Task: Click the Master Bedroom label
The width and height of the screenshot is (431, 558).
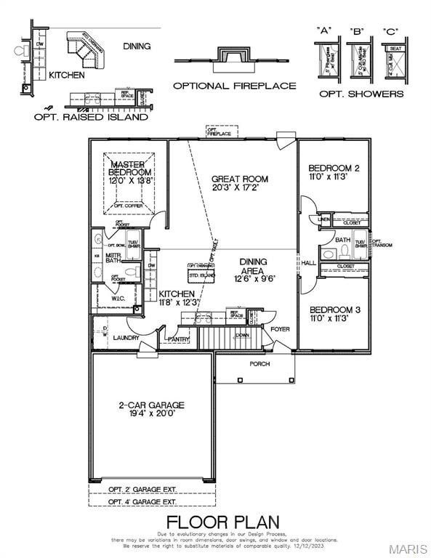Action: click(x=131, y=169)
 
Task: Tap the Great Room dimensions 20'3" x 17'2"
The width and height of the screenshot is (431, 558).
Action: click(x=239, y=187)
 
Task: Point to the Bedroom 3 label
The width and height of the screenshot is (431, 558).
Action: click(x=334, y=309)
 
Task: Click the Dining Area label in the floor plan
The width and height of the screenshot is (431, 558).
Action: click(x=249, y=262)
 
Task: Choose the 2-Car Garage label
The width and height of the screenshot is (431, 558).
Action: click(x=151, y=405)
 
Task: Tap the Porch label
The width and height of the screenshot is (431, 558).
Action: click(x=259, y=363)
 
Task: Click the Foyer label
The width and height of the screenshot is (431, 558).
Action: click(x=280, y=329)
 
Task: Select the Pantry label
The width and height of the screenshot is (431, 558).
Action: click(x=178, y=339)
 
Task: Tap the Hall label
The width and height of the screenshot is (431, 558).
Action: click(x=309, y=263)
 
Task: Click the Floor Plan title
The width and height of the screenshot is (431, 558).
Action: click(x=222, y=522)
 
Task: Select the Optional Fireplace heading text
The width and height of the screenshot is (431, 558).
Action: click(x=234, y=86)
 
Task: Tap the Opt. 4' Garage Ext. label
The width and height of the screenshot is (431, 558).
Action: click(x=142, y=502)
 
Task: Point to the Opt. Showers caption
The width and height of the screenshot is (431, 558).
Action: click(x=360, y=94)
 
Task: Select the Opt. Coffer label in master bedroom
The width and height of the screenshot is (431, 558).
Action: click(x=128, y=206)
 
